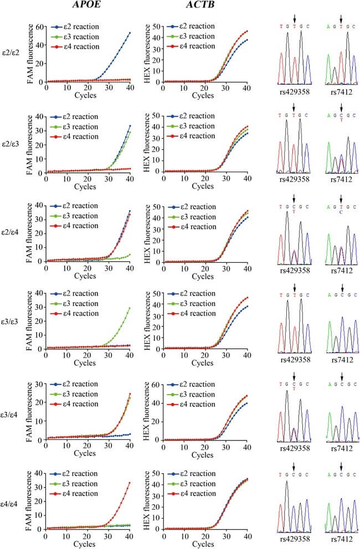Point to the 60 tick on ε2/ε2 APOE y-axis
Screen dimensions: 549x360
tap(39, 27)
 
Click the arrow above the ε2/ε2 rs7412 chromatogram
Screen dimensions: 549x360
tap(341, 18)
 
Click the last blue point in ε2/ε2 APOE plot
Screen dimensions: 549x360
tap(130, 33)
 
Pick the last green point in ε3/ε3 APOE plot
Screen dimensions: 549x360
tap(130, 308)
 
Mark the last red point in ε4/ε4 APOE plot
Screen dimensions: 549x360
tap(130, 483)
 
